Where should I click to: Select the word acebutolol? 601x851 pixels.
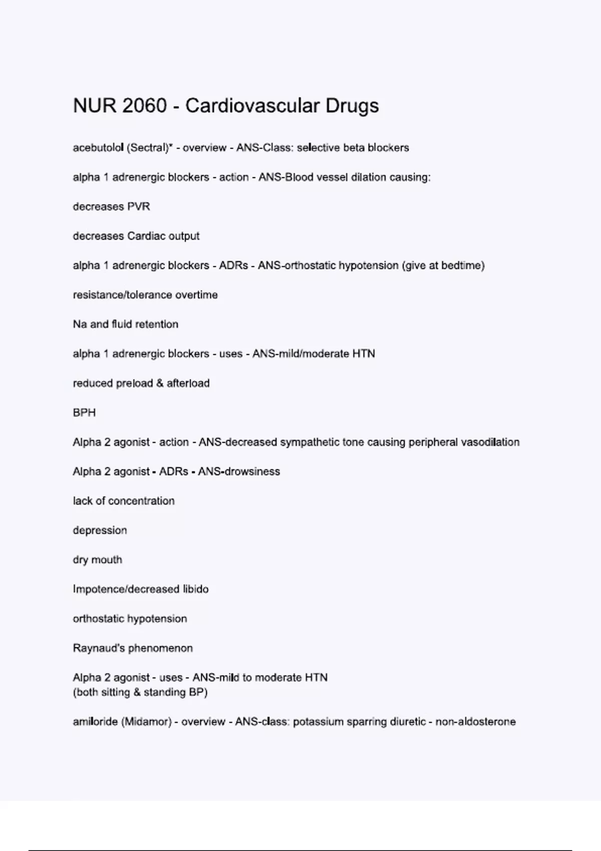98,148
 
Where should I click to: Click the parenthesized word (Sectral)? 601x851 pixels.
148,148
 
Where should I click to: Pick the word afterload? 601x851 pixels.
188,383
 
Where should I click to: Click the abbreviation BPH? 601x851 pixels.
84,413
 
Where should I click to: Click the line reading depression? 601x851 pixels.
100,531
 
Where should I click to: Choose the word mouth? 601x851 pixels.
107,560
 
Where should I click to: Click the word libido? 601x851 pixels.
195,589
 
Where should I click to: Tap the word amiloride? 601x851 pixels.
95,722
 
